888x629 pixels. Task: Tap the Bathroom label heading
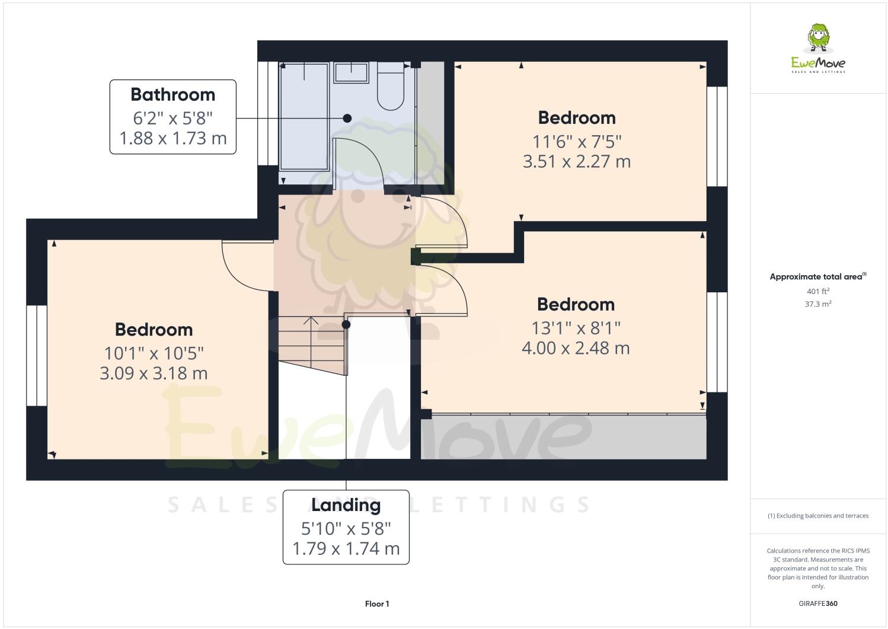[173, 95]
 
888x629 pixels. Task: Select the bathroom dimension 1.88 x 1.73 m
[173, 139]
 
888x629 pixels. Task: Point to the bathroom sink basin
[351, 73]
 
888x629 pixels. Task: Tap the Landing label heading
[346, 505]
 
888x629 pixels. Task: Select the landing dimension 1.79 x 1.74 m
[346, 549]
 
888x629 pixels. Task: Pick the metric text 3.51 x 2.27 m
[576, 161]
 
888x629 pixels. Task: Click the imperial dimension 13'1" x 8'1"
[575, 328]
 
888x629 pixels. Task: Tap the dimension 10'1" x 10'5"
[154, 353]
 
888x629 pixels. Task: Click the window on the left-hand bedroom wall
[37, 355]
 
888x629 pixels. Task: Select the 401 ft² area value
[818, 291]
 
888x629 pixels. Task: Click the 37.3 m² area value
[818, 304]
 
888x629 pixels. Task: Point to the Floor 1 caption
[377, 604]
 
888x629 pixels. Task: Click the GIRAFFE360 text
[818, 604]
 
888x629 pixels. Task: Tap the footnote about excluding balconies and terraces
[818, 516]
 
